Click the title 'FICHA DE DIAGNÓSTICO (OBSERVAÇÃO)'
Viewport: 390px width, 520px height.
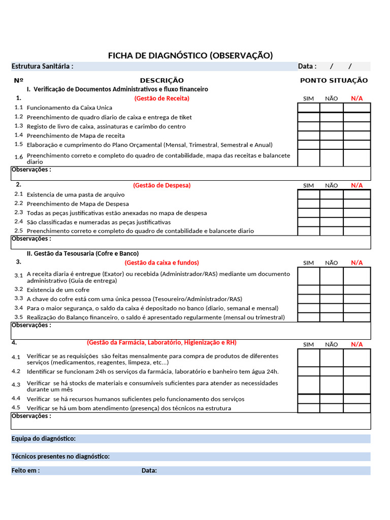click(190, 55)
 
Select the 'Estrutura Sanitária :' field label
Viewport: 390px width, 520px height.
click(42, 67)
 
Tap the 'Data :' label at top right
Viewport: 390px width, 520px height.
click(307, 67)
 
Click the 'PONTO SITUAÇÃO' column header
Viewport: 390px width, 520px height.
click(334, 80)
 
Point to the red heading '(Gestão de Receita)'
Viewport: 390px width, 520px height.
click(161, 98)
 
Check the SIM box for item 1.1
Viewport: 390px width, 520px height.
click(308, 108)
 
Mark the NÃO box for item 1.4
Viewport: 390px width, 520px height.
click(331, 136)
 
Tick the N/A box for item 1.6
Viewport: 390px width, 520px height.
click(356, 158)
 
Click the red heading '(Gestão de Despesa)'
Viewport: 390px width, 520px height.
click(161, 185)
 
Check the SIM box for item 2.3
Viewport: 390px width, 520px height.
click(308, 213)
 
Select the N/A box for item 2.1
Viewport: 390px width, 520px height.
click(356, 194)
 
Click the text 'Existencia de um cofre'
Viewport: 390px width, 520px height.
click(58, 290)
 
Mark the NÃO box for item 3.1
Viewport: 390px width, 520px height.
click(331, 277)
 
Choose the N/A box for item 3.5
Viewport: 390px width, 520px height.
click(356, 317)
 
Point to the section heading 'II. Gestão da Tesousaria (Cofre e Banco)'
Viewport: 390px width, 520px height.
click(82, 253)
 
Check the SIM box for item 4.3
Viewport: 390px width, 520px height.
click(308, 385)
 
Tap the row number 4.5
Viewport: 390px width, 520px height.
click(17, 408)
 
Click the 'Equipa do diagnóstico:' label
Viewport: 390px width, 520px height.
click(43, 439)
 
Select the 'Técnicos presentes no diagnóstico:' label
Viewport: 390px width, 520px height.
click(60, 457)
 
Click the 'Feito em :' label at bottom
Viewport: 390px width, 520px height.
click(25, 471)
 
